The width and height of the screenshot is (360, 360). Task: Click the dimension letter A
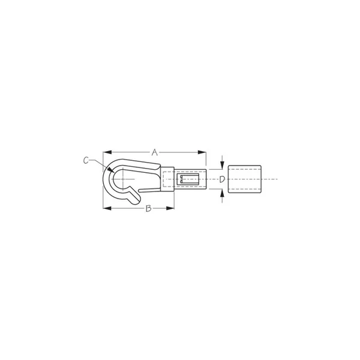coord(155,152)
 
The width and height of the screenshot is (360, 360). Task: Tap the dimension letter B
coord(149,208)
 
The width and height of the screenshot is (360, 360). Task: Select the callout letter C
coord(86,160)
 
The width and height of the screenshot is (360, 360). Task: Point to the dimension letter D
coord(222,179)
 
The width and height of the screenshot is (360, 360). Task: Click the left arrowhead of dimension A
coord(107,152)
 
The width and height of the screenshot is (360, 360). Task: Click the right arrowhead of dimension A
coord(202,152)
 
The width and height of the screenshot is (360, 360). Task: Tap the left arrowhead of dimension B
coord(107,208)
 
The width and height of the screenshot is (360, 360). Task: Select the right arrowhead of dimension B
coord(170,208)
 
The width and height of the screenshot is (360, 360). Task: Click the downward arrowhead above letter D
coord(222,166)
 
